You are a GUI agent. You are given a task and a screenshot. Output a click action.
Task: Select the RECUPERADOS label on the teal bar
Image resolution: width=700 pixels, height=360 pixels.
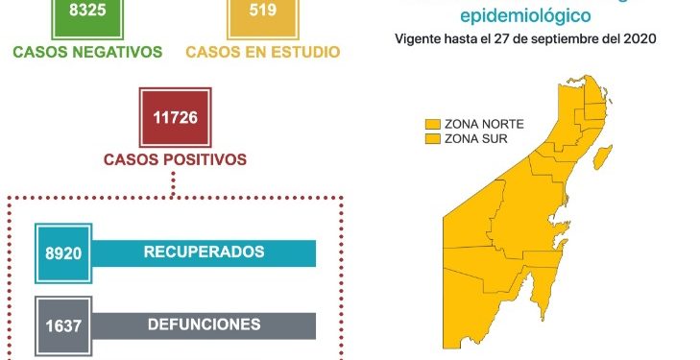(204, 252)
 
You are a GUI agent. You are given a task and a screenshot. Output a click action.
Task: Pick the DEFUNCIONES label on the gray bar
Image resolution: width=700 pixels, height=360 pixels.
(204, 324)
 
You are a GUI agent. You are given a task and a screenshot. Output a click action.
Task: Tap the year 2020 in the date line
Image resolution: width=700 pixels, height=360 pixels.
(638, 39)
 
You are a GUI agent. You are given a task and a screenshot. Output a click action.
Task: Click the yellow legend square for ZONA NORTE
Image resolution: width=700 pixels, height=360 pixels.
(433, 124)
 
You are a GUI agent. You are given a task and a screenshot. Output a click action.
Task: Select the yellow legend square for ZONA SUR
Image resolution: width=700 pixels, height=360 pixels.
(433, 139)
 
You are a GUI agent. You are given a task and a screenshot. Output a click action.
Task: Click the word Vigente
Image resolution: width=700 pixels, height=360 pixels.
(418, 39)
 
